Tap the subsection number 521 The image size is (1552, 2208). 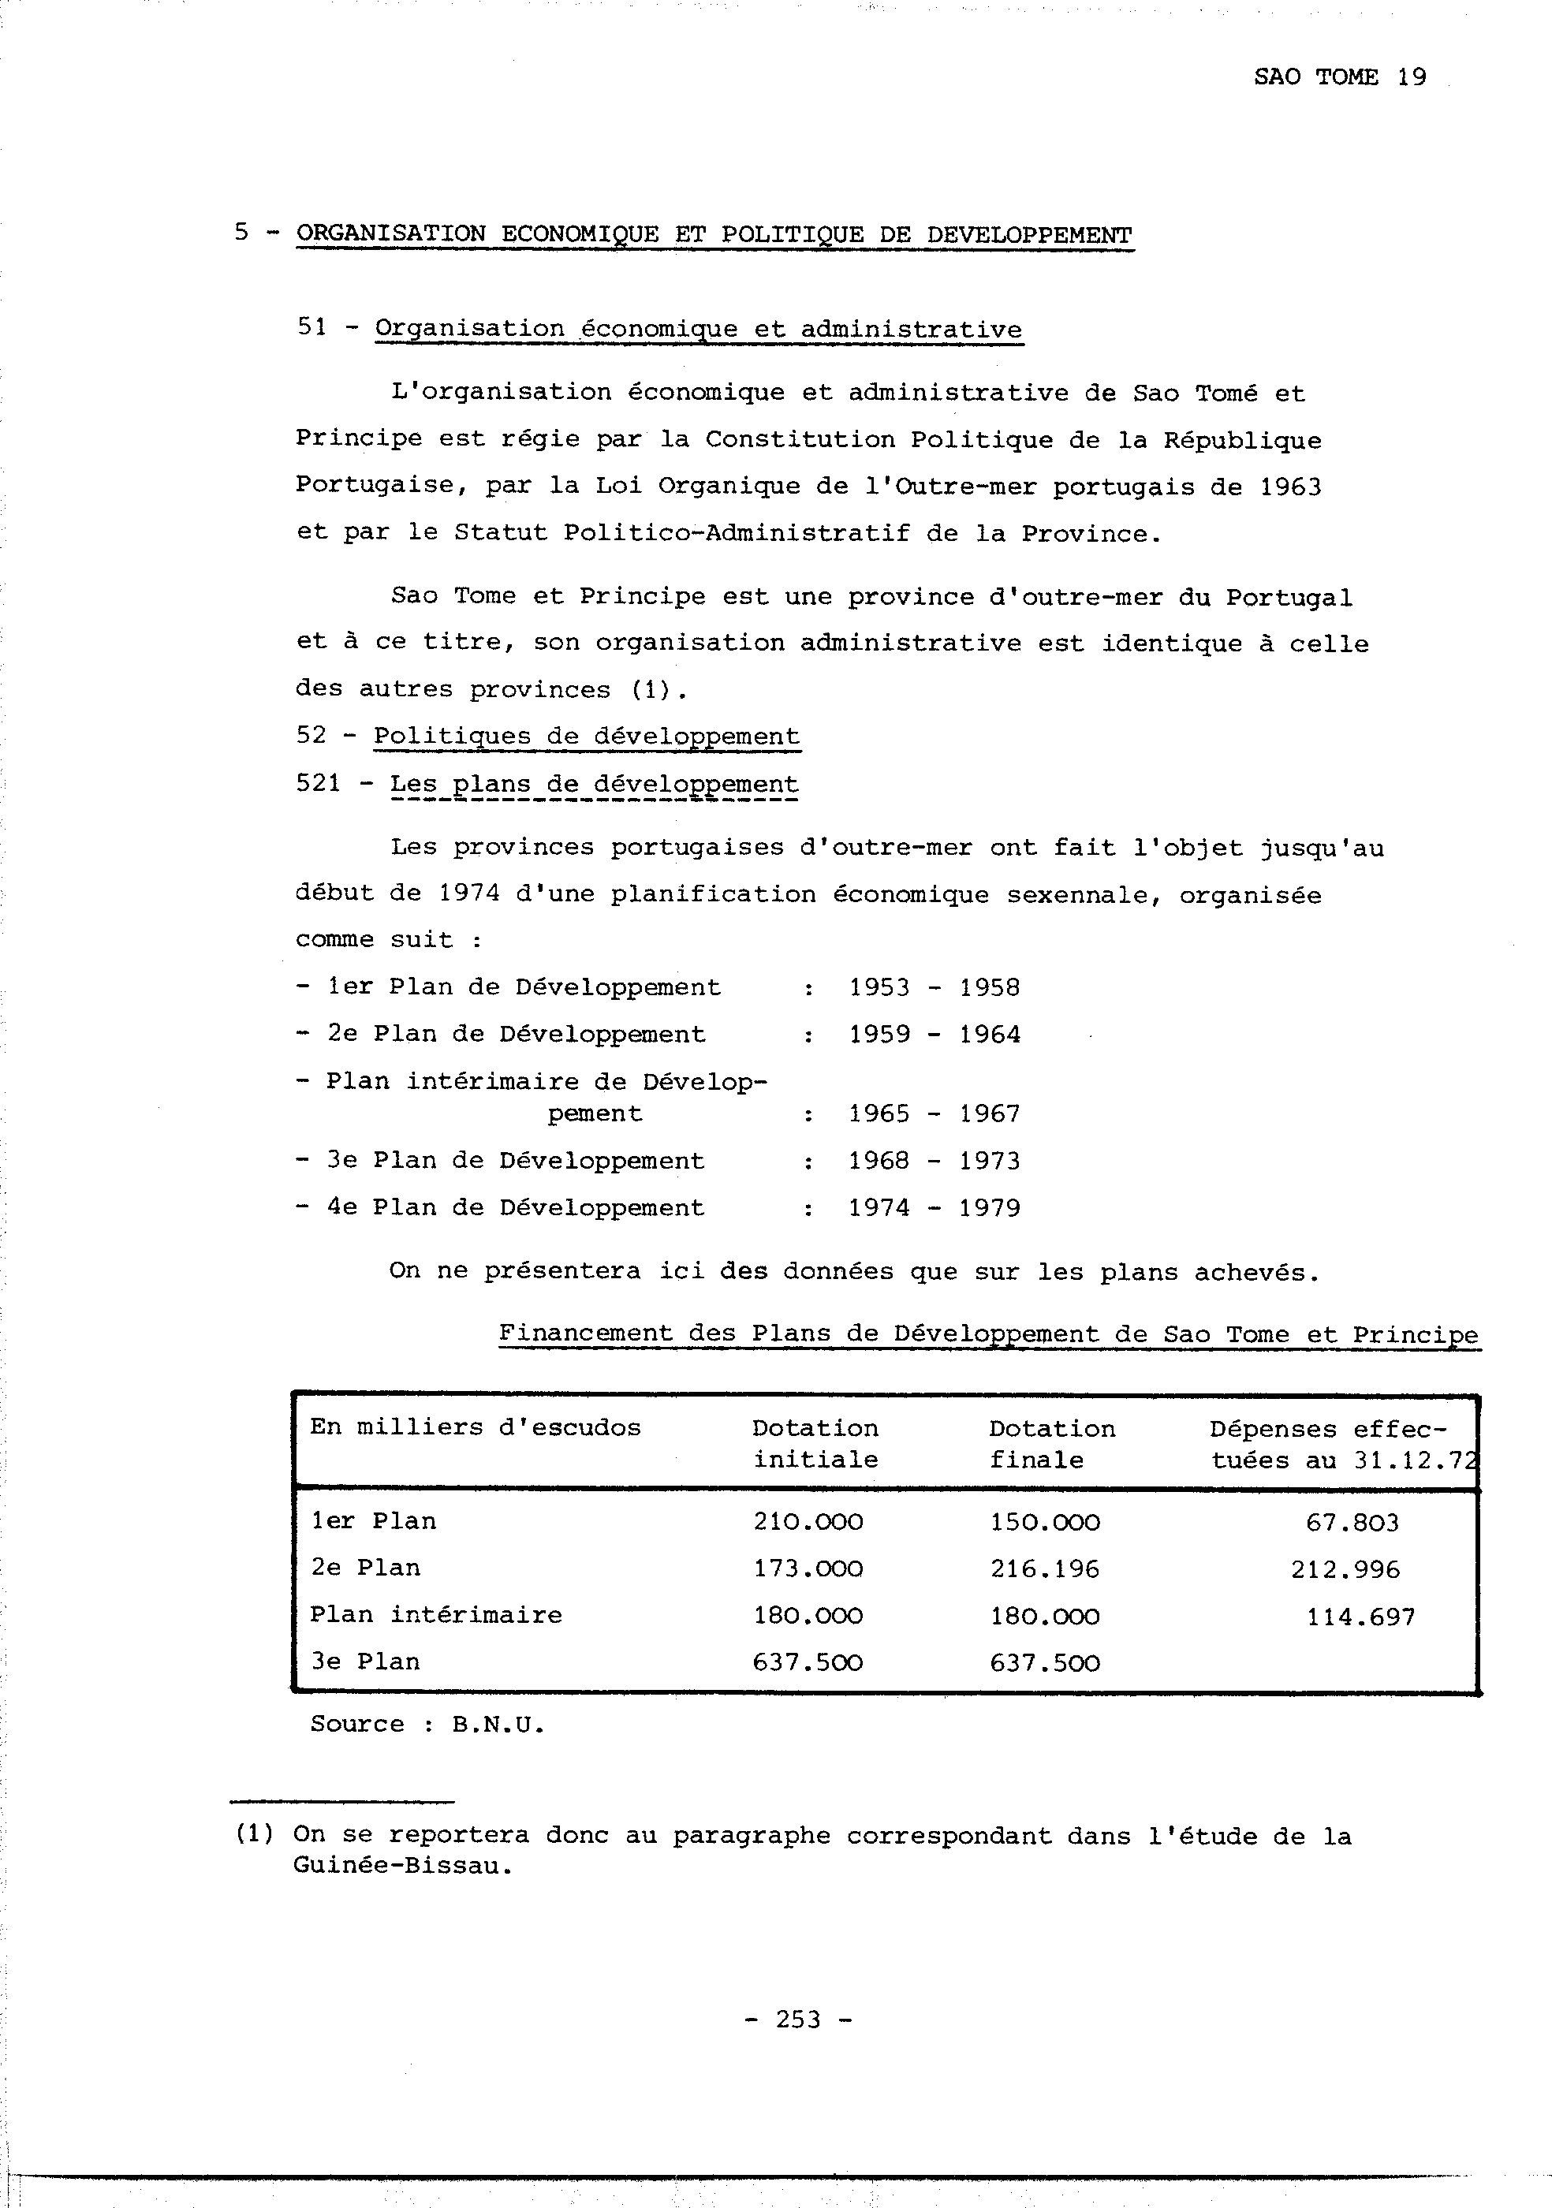[319, 784]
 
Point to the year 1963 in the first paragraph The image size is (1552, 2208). [1290, 487]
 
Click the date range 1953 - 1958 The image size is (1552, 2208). [934, 987]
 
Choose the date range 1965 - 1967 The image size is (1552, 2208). [934, 1113]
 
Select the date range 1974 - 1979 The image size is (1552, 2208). [934, 1208]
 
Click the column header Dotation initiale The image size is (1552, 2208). [815, 1443]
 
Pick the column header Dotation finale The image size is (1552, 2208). [1052, 1443]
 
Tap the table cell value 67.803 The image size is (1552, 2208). [1352, 1522]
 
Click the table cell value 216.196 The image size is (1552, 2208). [1044, 1569]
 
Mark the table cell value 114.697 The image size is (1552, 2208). [1360, 1617]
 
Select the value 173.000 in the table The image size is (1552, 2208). [808, 1569]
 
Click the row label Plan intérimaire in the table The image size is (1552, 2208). [435, 1615]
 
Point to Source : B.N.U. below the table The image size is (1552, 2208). [427, 1725]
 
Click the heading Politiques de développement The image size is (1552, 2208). [586, 737]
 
